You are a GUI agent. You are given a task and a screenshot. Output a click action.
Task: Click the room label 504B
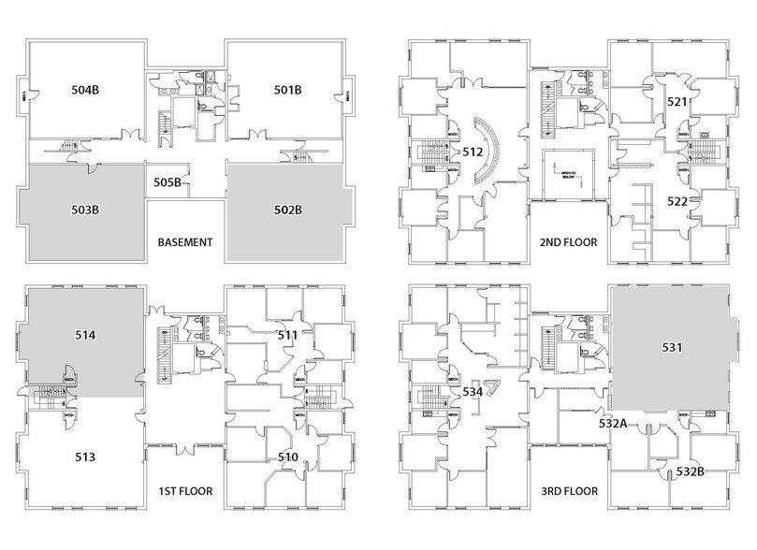pos(86,91)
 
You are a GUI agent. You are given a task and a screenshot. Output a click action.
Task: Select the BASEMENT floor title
pos(186,241)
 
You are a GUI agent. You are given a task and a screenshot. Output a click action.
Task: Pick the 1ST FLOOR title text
pos(185,489)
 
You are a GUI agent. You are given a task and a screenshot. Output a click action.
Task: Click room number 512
pos(473,152)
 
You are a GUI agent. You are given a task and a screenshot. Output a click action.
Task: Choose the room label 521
pos(677,100)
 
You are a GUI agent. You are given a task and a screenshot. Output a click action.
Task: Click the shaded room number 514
pos(86,332)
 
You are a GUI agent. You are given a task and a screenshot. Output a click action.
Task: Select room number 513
pos(86,457)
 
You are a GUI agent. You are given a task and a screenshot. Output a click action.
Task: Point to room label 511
pos(287,333)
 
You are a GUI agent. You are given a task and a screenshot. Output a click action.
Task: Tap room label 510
pos(288,456)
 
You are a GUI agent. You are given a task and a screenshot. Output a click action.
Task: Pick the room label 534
pos(473,392)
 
